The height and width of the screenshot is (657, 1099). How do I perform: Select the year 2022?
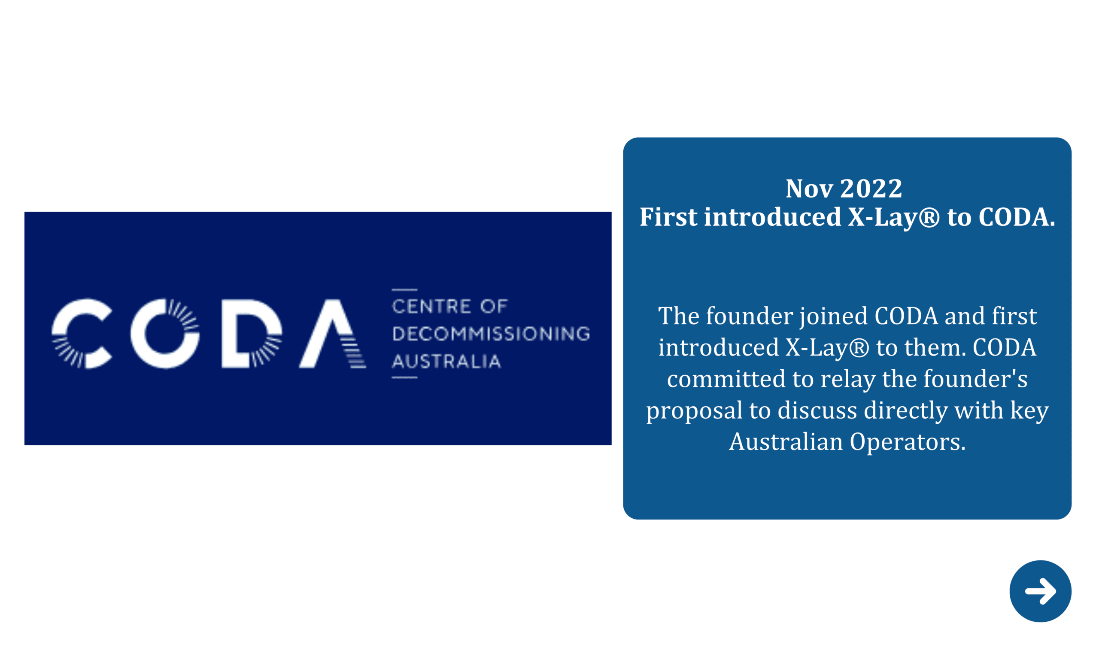pos(871,189)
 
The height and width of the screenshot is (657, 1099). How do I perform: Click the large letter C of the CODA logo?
pos(82,333)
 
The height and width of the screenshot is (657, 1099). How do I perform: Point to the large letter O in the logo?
pos(165,333)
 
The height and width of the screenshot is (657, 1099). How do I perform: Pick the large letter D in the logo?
pos(252,333)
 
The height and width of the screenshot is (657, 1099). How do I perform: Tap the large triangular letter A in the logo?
pos(332,333)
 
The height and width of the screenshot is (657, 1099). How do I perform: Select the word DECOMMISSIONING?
pos(491,334)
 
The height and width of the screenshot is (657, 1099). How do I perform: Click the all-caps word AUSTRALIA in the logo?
pos(446,361)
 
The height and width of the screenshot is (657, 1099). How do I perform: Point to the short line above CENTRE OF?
pos(404,289)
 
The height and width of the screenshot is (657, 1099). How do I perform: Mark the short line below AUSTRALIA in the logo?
pos(404,377)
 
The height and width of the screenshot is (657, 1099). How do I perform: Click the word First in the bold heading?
pos(668,217)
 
